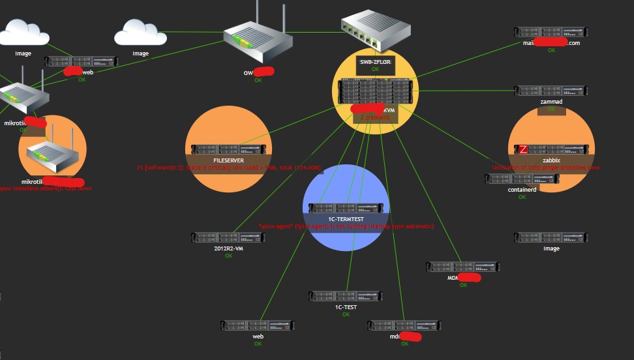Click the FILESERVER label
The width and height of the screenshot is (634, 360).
point(228,160)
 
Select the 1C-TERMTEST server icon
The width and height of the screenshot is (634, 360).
point(346,208)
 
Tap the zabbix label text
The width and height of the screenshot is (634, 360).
point(551,160)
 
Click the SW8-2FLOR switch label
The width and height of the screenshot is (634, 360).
point(375,61)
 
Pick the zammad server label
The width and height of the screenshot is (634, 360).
point(551,102)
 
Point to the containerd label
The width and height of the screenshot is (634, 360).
point(522,190)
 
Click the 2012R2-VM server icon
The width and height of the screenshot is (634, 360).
point(228,237)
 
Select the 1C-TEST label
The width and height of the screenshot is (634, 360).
point(346,307)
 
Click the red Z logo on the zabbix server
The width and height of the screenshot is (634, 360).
point(522,149)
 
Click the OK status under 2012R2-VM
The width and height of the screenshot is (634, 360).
point(228,256)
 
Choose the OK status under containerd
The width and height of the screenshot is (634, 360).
point(522,197)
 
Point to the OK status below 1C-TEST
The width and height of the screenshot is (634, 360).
point(346,314)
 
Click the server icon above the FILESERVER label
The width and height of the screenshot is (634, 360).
point(228,149)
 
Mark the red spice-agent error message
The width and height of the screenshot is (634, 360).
point(346,226)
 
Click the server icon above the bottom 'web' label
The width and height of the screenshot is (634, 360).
point(257,325)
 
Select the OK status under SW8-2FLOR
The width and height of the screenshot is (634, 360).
point(375,68)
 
